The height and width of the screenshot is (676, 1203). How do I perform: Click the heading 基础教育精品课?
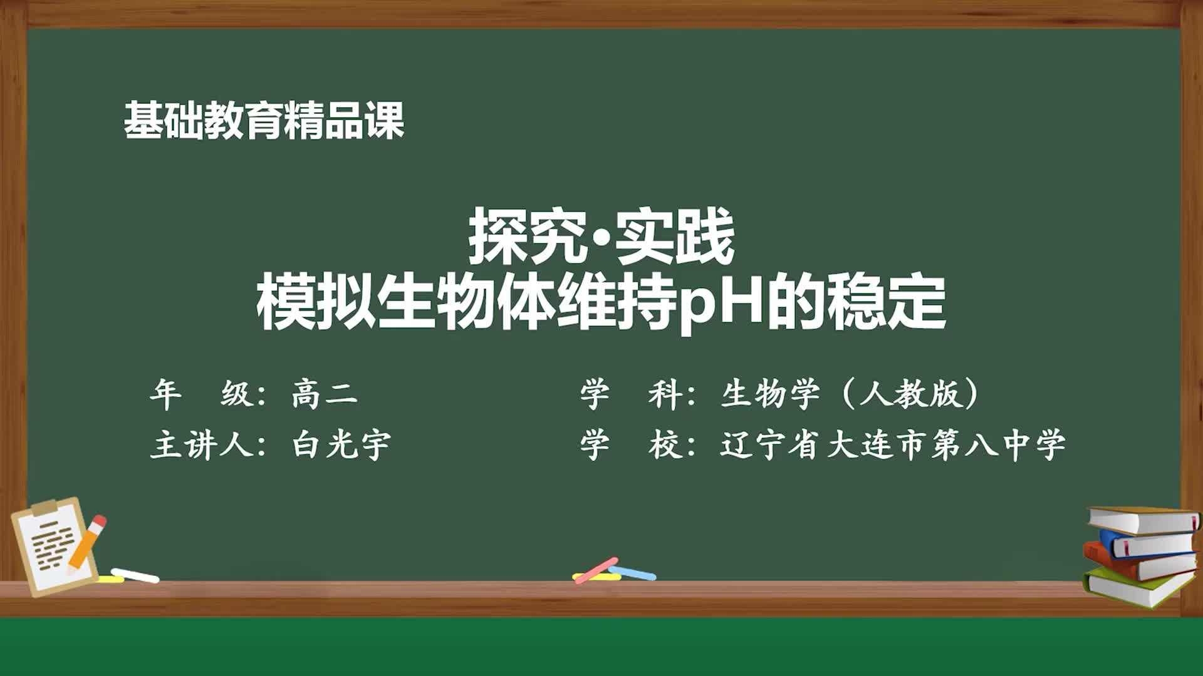pos(264,120)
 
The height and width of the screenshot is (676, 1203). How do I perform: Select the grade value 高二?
pos(325,394)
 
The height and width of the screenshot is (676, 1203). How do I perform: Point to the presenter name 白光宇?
pos(341,444)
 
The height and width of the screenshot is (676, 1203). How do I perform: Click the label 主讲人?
pos(200,445)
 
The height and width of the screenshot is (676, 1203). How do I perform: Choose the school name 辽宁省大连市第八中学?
pos(893,444)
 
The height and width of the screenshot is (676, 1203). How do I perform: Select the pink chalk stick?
pos(596,570)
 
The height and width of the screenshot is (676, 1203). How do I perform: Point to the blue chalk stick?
pos(632,573)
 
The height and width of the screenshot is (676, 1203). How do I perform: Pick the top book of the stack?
pos(1144,520)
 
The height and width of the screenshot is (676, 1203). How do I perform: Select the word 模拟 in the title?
pos(316,304)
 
